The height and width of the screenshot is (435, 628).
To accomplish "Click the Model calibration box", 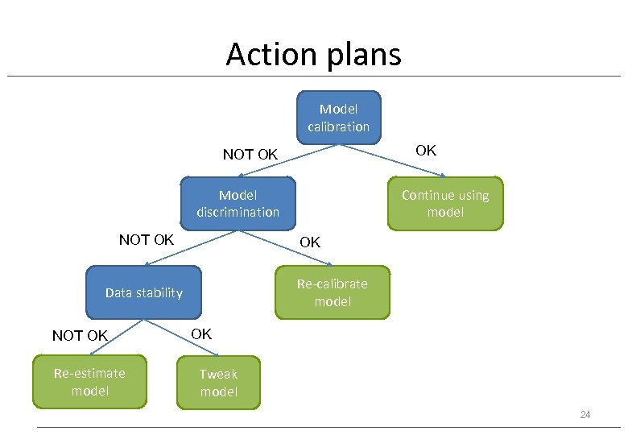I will coord(338,118).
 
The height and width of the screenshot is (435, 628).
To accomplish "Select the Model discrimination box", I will coord(238,203).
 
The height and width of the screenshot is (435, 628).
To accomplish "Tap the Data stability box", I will coord(143,292).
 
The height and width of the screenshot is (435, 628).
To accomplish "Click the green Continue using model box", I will coord(445,204).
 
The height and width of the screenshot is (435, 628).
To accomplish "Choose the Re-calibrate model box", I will coord(332,292).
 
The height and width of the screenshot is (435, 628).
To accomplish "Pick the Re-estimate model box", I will coord(89,382).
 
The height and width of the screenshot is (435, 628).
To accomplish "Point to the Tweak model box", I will coord(218,383).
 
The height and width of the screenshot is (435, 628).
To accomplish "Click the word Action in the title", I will coord(267,55).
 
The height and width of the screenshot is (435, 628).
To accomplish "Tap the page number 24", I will coord(585,415).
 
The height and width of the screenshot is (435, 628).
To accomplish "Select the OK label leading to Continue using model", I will coord(425,150).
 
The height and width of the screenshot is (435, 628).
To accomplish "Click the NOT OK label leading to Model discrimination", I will coord(250,154).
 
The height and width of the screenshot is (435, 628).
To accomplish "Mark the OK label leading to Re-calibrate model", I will coord(310,242).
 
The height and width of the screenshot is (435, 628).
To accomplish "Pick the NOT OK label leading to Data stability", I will coord(146,240).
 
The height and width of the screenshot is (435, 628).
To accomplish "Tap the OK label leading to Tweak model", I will coord(201,333).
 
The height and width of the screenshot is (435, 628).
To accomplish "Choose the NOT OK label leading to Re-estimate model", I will coord(79,336).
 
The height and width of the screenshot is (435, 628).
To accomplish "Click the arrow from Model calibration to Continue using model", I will coord(392,160).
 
